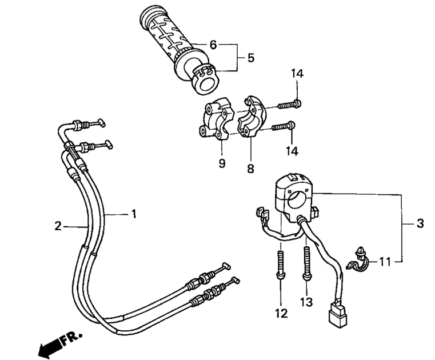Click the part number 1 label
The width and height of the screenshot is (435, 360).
pyautogui.click(x=134, y=214)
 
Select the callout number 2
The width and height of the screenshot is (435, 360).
pyautogui.click(x=58, y=226)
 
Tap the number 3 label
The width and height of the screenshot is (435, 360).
pyautogui.click(x=420, y=223)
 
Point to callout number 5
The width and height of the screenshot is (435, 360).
pyautogui.click(x=250, y=57)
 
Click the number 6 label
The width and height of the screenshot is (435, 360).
pyautogui.click(x=213, y=45)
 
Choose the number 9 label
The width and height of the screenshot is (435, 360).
pyautogui.click(x=222, y=163)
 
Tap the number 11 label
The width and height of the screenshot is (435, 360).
pyautogui.click(x=385, y=262)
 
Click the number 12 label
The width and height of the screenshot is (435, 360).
pyautogui.click(x=281, y=313)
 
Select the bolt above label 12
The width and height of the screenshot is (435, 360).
pyautogui.click(x=281, y=262)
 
